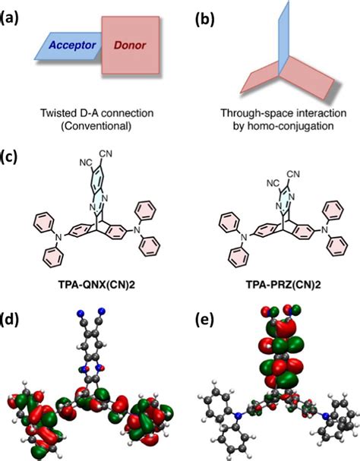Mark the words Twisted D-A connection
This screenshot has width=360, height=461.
tap(98, 112)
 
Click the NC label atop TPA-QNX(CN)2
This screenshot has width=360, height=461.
tap(86, 163)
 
